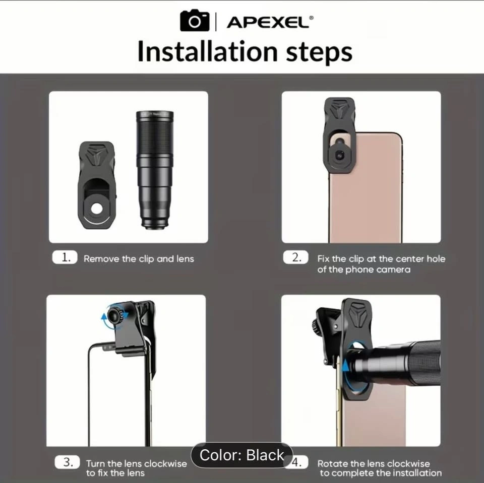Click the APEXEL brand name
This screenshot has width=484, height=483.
[x=268, y=23]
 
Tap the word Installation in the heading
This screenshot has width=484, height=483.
[x=208, y=51]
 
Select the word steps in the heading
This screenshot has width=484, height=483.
[x=319, y=53]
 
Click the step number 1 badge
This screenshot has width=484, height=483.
[x=65, y=257]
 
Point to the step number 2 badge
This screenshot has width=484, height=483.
[x=296, y=257]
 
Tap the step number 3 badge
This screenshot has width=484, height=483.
[x=67, y=462]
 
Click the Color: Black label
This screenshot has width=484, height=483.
[x=241, y=455]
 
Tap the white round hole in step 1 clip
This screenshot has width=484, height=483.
[x=97, y=209]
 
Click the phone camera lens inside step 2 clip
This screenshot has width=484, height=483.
[x=339, y=155]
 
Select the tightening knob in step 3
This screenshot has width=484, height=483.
[x=115, y=316]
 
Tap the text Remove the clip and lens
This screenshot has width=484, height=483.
[x=139, y=259]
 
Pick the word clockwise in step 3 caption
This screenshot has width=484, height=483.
[x=165, y=463]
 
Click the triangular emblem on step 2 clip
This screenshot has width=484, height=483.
[x=339, y=109]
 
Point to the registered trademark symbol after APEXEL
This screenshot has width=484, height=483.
[x=311, y=18]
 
